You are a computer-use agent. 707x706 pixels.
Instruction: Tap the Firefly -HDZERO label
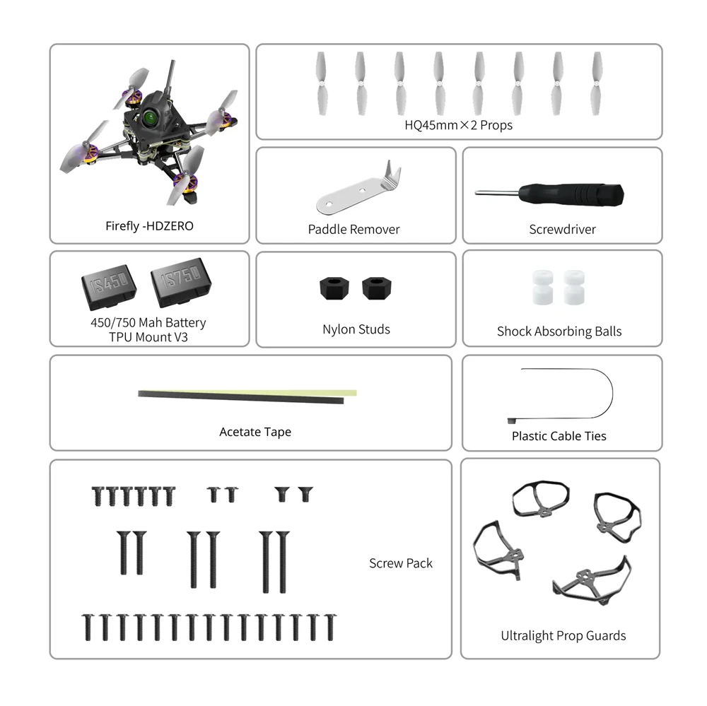[x=149, y=226]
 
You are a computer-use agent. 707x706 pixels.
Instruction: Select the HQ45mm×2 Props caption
[x=458, y=125]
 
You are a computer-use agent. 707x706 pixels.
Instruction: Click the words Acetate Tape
[x=255, y=432]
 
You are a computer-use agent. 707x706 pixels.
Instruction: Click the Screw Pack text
[x=400, y=563]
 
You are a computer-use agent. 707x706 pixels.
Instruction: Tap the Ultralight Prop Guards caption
[x=563, y=636]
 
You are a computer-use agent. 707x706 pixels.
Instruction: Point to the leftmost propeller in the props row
[x=320, y=83]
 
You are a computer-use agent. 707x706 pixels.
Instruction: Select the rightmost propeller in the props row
[x=597, y=83]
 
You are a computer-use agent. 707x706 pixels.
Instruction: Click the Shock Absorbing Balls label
[x=559, y=331]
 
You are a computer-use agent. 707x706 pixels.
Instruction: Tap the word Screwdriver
[x=562, y=229]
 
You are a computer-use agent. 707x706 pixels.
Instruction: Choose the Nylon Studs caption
[x=356, y=329]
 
